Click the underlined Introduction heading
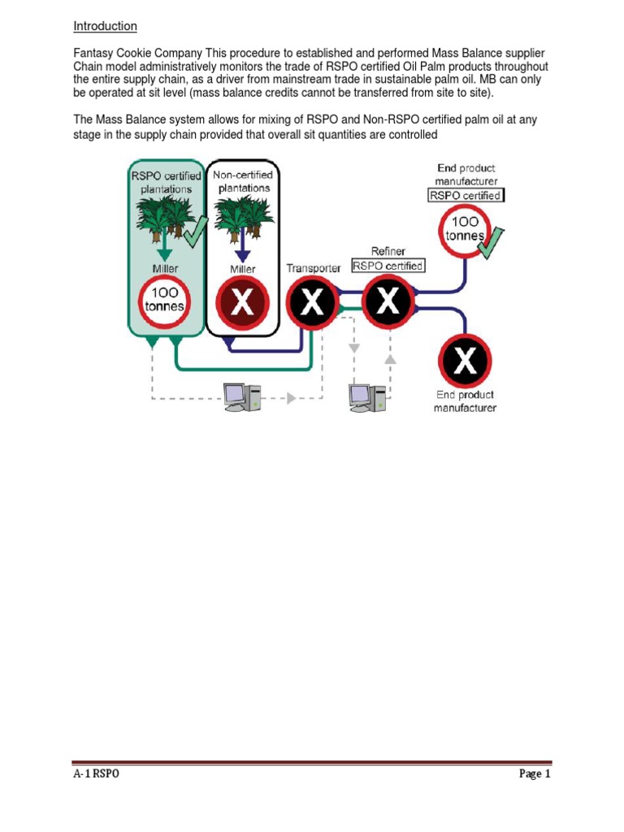(105, 26)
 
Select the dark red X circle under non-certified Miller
(242, 304)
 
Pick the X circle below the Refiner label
(389, 301)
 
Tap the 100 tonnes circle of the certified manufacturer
(465, 230)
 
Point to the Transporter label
(313, 268)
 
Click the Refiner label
(388, 252)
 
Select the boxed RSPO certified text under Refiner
(388, 266)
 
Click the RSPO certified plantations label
(165, 182)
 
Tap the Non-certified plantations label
(242, 181)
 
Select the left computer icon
(243, 396)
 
